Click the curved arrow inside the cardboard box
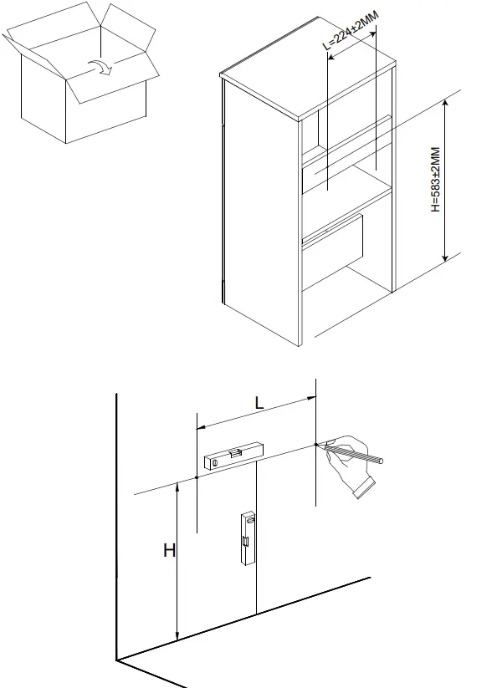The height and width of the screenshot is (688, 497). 99,66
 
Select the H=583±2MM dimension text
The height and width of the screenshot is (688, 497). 435,180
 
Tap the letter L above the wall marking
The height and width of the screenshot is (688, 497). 259,402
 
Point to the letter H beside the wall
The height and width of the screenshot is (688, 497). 168,551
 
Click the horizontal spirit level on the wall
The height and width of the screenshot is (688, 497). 235,455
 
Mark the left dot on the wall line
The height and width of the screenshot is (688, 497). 196,478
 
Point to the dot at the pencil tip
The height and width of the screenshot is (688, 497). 315,444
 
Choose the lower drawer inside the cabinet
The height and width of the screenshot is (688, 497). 335,242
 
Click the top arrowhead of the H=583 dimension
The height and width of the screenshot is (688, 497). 447,104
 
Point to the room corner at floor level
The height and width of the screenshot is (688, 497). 117,660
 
